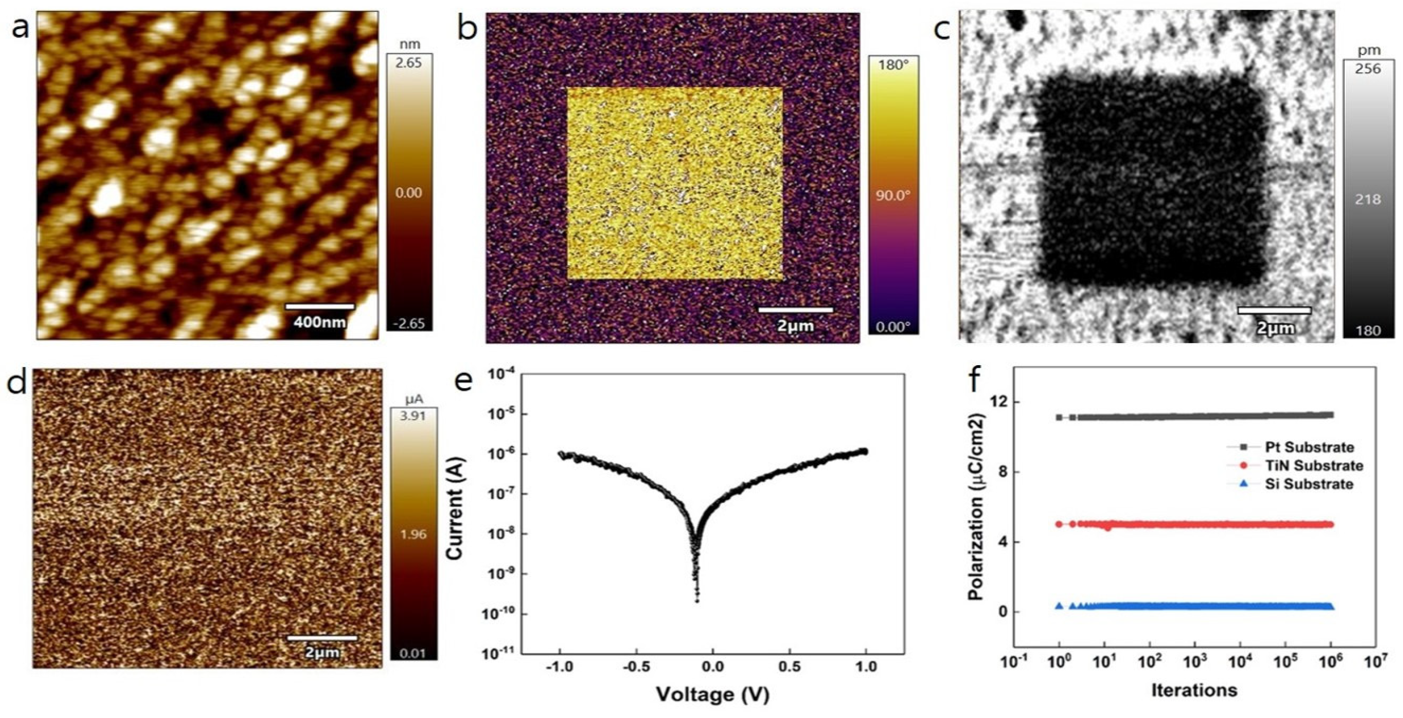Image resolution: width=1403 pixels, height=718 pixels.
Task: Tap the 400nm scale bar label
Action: tap(320, 322)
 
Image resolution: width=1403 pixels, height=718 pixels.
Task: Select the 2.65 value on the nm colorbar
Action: tap(409, 62)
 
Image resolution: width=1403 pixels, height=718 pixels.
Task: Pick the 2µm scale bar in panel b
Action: tap(795, 310)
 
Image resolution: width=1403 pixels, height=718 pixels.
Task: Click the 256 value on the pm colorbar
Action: tap(1368, 69)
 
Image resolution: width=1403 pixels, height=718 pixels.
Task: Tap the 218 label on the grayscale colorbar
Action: tap(1368, 199)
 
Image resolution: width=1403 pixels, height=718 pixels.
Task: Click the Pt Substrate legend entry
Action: tap(1307, 447)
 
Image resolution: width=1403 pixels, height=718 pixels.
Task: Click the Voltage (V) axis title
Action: tap(712, 694)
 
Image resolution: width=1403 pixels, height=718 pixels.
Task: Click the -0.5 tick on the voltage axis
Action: tap(636, 666)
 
